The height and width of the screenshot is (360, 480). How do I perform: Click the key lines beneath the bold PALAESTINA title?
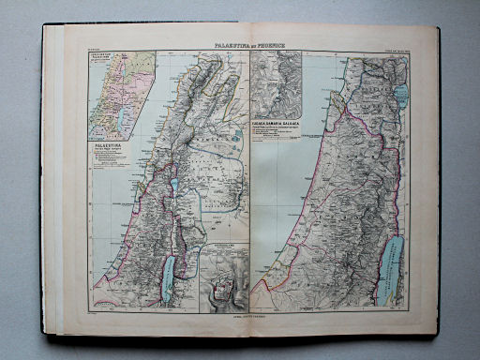[x=107, y=157]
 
